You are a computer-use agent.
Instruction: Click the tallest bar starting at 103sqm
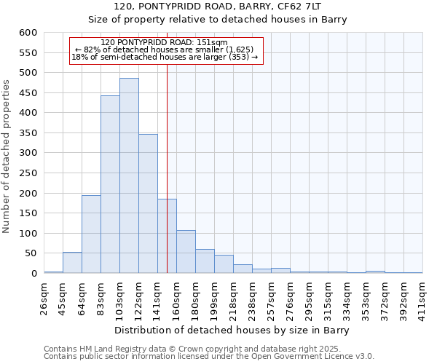(129, 175)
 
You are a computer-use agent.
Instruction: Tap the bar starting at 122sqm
(148, 204)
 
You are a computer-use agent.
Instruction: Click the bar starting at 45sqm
(72, 263)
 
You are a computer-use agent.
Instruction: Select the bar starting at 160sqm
(186, 252)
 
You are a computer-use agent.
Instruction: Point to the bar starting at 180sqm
(205, 261)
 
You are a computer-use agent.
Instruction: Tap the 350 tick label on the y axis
(28, 133)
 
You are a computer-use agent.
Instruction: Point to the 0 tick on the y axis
(34, 274)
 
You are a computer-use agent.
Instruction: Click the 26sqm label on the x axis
(44, 297)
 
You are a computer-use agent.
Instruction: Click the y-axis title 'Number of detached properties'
(7, 157)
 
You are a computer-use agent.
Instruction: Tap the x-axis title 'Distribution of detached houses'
(232, 331)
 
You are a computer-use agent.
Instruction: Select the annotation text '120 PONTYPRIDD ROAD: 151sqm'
(165, 42)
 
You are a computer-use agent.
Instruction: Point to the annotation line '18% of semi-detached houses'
(165, 57)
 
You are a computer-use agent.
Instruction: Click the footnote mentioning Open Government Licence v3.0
(209, 357)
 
